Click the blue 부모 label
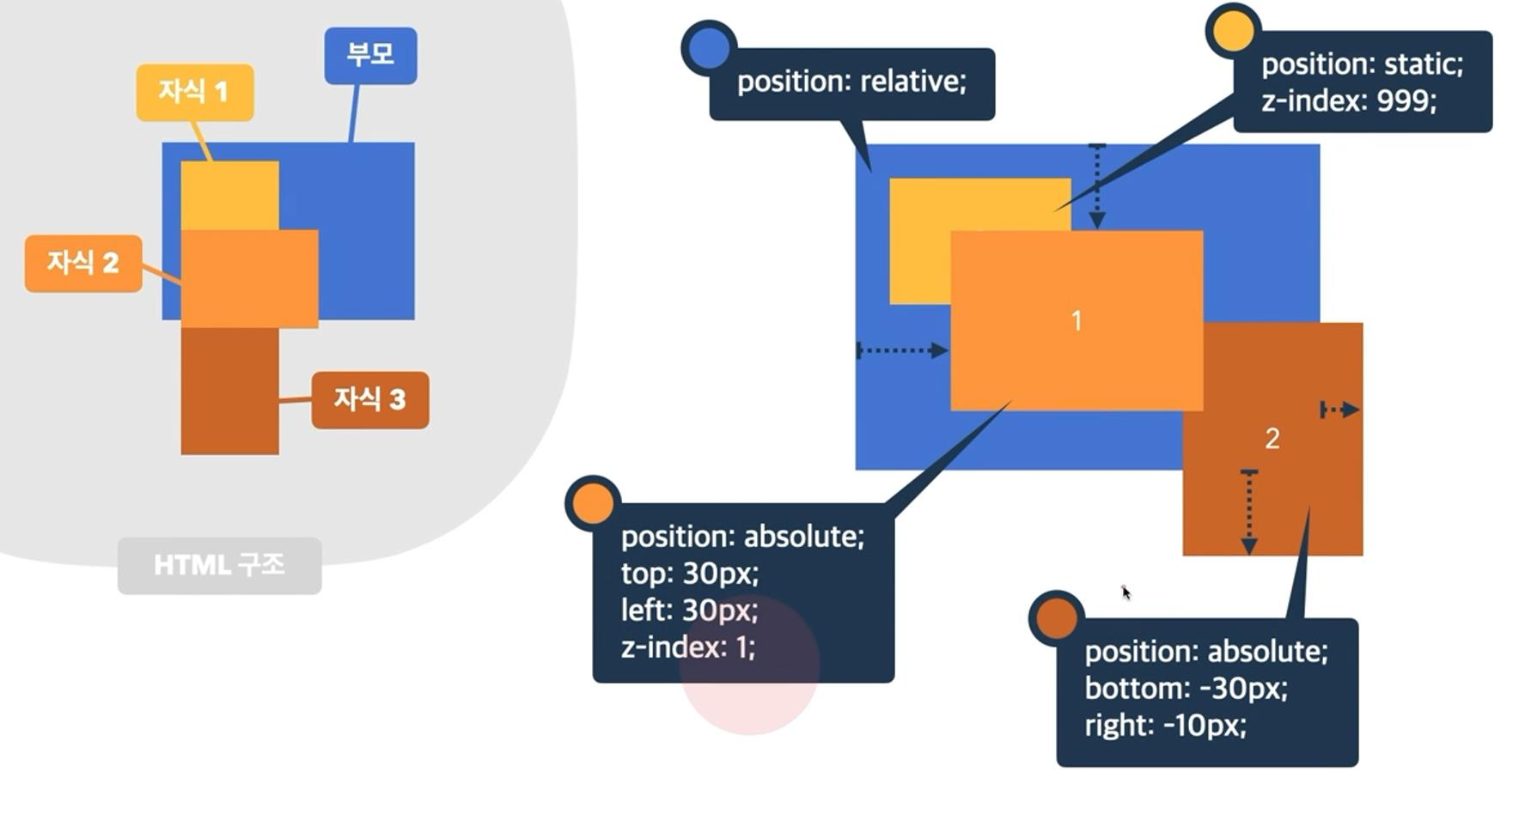(370, 55)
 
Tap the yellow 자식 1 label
(195, 92)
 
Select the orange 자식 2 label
(83, 263)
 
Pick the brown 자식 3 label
(370, 399)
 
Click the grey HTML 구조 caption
(219, 565)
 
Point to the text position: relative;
(851, 82)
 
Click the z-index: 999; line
(1349, 101)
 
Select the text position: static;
(1362, 64)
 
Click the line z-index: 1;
(687, 647)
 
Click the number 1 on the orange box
(1077, 321)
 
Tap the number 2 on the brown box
(1272, 439)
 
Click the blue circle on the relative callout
(709, 48)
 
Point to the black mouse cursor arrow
(1125, 592)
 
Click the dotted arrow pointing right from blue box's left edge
(902, 350)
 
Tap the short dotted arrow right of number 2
(1339, 410)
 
